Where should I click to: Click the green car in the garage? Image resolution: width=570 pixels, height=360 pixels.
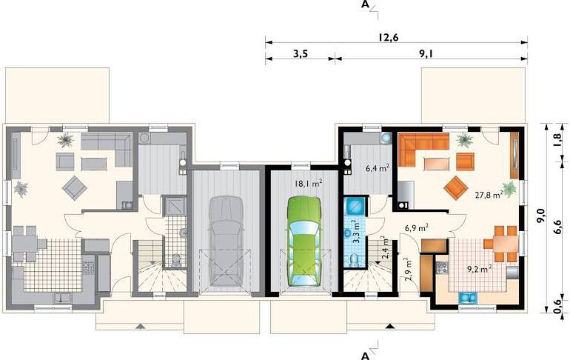pos(304,241)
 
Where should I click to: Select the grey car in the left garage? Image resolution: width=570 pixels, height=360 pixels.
pos(226,241)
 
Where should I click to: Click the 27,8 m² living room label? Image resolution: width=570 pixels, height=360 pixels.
pos(489,195)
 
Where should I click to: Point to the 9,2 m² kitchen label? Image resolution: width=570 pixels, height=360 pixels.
pos(480,269)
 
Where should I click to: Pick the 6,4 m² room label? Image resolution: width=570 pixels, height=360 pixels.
pos(378,168)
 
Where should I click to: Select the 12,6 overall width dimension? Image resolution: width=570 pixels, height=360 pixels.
pos(388,38)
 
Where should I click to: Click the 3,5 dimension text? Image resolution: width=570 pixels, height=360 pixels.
pos(301,54)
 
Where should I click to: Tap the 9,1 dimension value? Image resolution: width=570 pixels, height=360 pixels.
pos(427,54)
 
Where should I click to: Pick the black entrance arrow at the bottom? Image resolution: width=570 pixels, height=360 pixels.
pos(390,326)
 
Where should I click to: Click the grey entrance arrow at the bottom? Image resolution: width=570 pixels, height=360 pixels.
pos(141,326)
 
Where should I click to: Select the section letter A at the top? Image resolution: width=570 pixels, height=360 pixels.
pos(366,4)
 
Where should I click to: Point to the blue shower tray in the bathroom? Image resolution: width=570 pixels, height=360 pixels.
pos(354,206)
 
